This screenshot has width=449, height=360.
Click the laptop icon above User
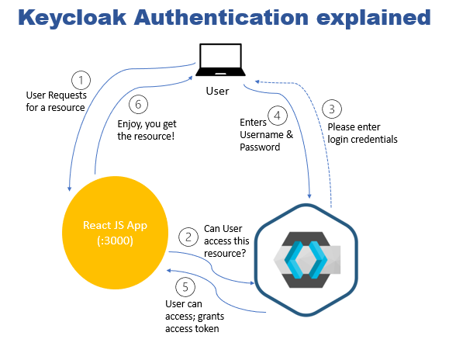point(217,60)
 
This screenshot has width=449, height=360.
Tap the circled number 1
point(80,80)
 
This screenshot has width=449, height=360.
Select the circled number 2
point(187,236)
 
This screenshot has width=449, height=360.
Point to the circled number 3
point(332,108)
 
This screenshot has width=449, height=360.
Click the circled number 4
point(278,115)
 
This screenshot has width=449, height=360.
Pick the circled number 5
point(185,286)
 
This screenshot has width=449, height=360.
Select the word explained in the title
point(379,17)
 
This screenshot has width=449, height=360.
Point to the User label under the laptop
point(217,91)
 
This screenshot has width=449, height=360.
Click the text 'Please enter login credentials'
point(362,133)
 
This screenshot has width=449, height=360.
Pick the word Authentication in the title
point(232,17)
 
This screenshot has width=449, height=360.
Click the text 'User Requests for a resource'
point(55,102)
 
